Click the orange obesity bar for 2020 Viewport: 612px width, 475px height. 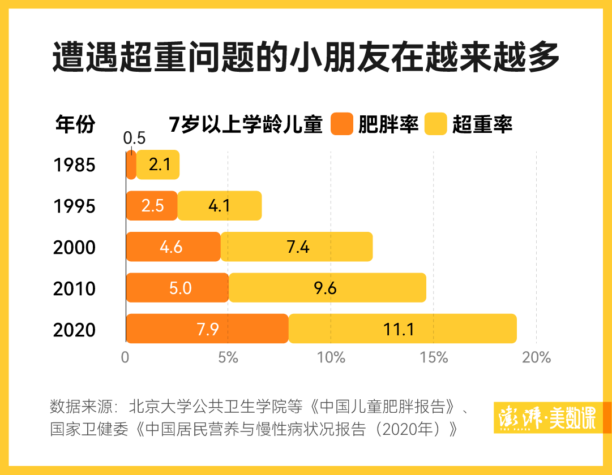point(207,329)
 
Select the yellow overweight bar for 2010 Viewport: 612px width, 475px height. point(327,288)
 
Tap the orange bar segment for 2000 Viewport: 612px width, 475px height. point(173,247)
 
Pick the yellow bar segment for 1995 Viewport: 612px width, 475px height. point(220,205)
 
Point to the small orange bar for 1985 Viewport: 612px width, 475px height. point(131,165)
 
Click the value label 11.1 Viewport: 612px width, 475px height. point(399,329)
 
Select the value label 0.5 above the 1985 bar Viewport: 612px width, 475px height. point(134,139)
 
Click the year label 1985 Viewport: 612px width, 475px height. point(74,165)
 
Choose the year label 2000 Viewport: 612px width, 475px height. point(74,248)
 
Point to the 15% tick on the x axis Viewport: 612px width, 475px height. point(434,357)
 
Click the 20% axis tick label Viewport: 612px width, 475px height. point(537,357)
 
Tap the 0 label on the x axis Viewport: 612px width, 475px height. point(126,357)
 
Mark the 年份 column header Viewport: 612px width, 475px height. point(75,124)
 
